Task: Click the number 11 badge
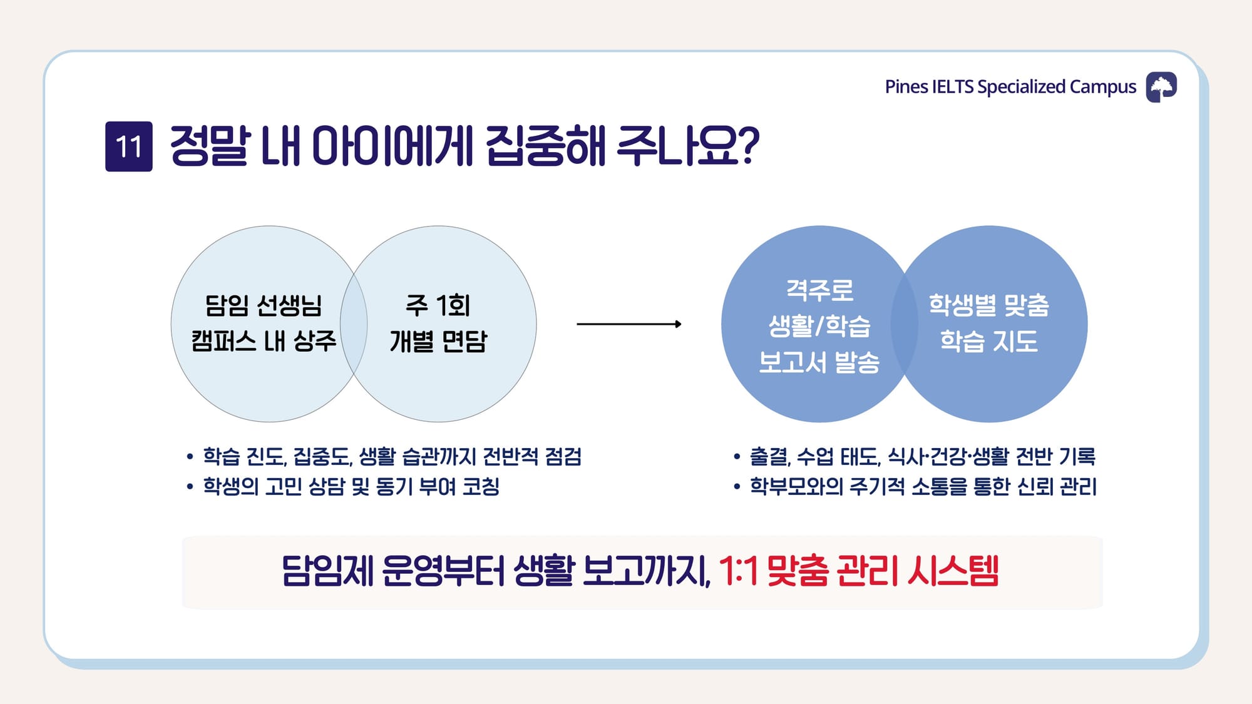coord(129,146)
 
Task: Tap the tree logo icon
coord(1161,87)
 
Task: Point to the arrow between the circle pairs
coord(629,324)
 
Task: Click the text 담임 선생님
coord(264,305)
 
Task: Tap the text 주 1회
coord(438,305)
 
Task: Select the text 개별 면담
coord(438,341)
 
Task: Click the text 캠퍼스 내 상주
coord(264,341)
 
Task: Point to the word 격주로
coord(819,290)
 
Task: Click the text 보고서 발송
coord(819,362)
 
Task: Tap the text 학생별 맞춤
coord(989,305)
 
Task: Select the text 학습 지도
coord(989,341)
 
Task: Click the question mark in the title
coord(749,146)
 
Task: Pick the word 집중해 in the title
coord(545,146)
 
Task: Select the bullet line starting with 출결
coord(915,457)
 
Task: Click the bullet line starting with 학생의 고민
coord(343,486)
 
